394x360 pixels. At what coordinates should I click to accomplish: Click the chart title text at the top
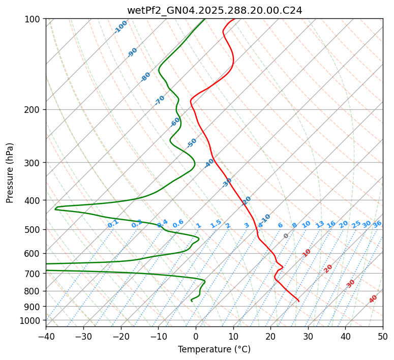point(214,10)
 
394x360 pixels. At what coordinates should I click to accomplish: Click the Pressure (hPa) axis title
point(10,173)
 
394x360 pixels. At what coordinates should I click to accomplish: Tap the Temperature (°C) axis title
point(214,349)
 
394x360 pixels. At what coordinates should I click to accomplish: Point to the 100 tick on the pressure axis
point(33,19)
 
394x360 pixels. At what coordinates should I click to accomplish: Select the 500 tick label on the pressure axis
point(33,230)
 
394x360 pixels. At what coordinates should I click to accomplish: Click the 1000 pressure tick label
point(31,320)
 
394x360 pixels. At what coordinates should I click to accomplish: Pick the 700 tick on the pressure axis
point(33,274)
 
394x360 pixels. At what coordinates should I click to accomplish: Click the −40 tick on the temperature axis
point(46,336)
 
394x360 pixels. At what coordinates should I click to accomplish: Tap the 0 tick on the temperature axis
point(196,336)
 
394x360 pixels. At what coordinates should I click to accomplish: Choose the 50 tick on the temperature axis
point(383,336)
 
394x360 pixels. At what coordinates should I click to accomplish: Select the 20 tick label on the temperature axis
point(270,336)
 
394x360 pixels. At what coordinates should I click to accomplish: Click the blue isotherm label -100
point(120,26)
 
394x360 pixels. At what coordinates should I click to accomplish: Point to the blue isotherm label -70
point(160,100)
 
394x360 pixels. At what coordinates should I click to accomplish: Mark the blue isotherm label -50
point(192,143)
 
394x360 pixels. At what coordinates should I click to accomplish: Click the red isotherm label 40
point(373,299)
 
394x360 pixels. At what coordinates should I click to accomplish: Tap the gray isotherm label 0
point(286,236)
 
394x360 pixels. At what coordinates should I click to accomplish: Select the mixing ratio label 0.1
point(113,223)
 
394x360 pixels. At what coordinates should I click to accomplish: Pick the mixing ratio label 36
point(377,224)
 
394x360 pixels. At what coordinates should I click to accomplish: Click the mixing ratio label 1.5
point(216,223)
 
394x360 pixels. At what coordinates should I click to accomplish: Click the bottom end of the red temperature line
point(299,302)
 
